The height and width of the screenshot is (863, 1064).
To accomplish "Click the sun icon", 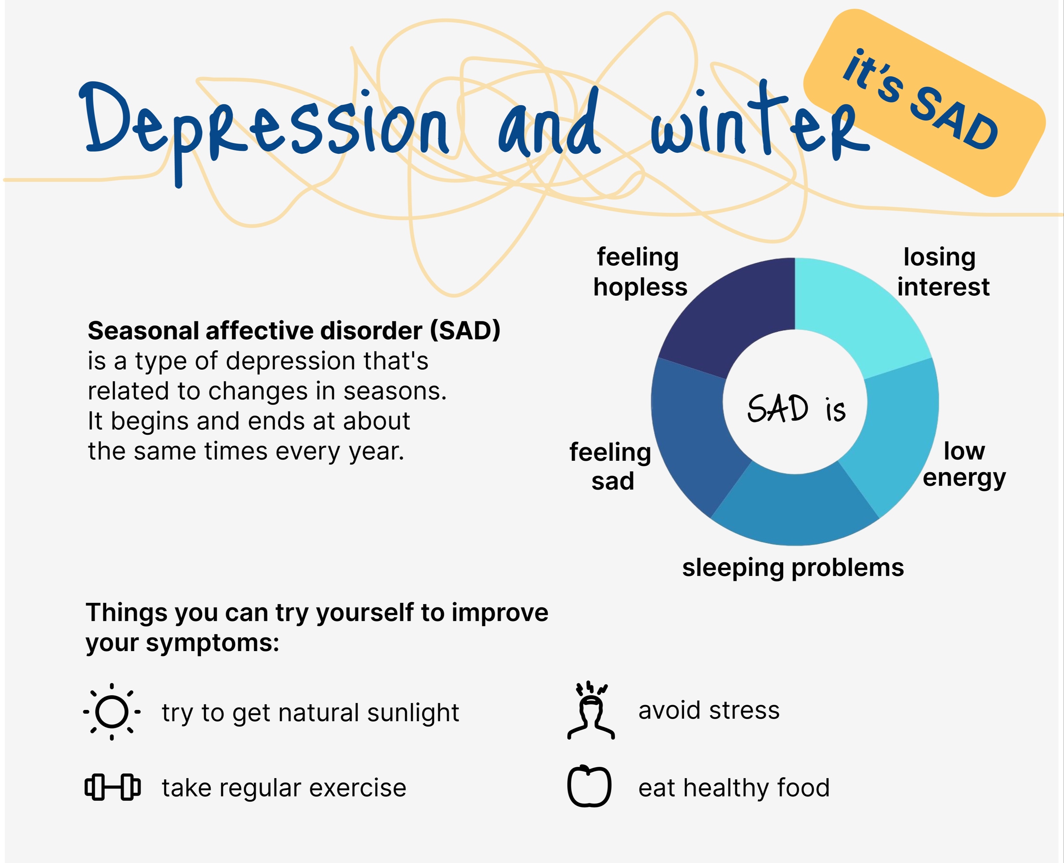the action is tap(112, 712).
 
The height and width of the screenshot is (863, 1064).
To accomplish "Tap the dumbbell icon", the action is tap(112, 787).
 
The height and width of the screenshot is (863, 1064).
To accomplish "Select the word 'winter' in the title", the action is tap(760, 122).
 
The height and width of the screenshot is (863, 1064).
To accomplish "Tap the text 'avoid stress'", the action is tap(709, 710).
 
